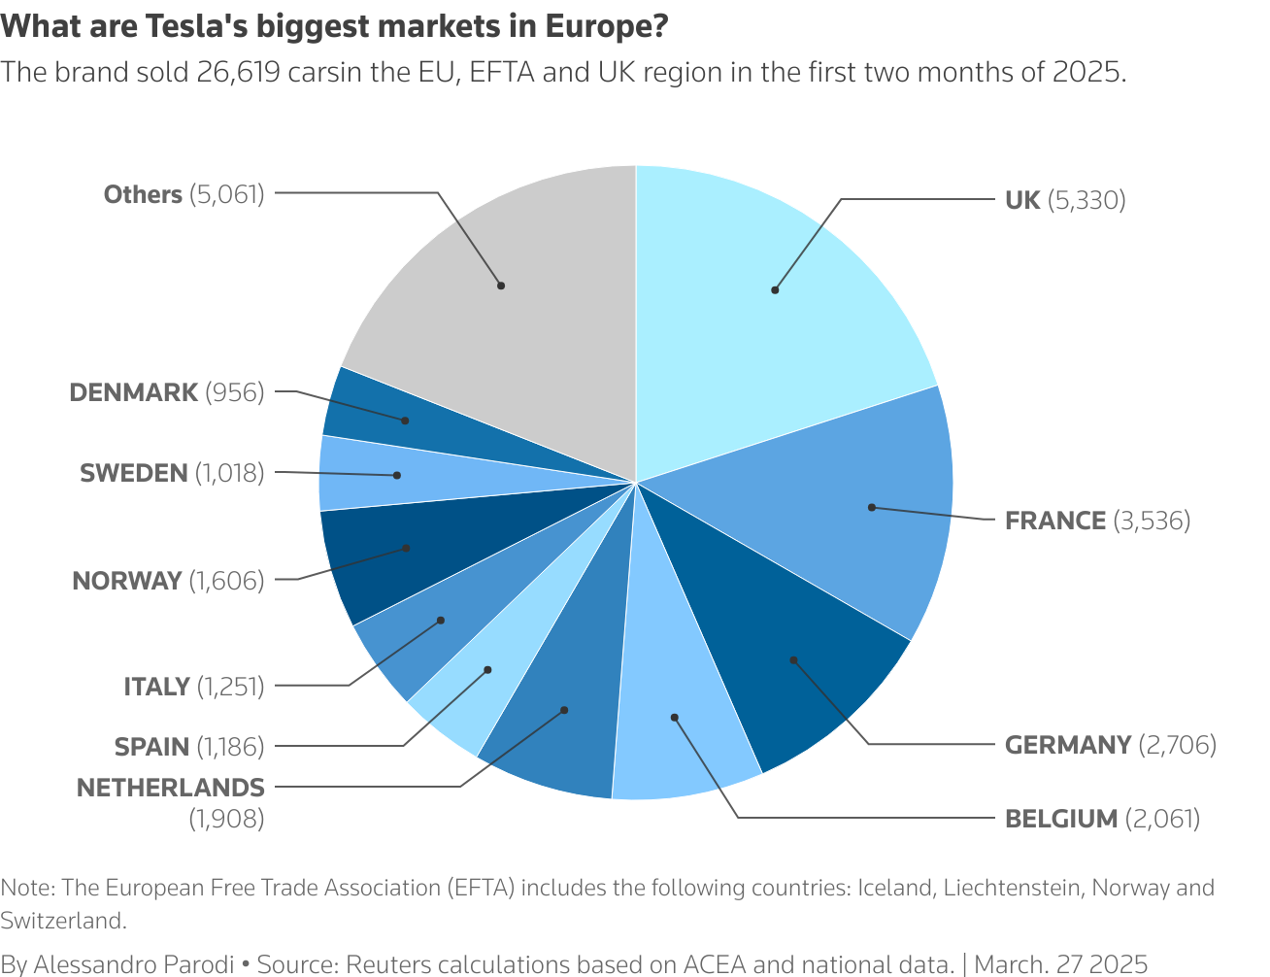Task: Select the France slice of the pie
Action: coord(854,505)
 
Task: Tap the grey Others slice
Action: coord(505,291)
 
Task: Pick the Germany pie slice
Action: coord(796,660)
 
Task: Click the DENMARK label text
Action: coord(134,392)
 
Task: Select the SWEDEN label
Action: coord(134,473)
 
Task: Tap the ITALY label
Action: coord(156,687)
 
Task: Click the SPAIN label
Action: coord(151,747)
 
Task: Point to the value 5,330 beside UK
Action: coord(1086,200)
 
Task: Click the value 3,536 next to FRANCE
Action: coord(1152,521)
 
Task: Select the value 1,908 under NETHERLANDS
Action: coord(226,819)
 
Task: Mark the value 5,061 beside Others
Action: coord(226,194)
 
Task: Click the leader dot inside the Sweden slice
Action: coord(397,475)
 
